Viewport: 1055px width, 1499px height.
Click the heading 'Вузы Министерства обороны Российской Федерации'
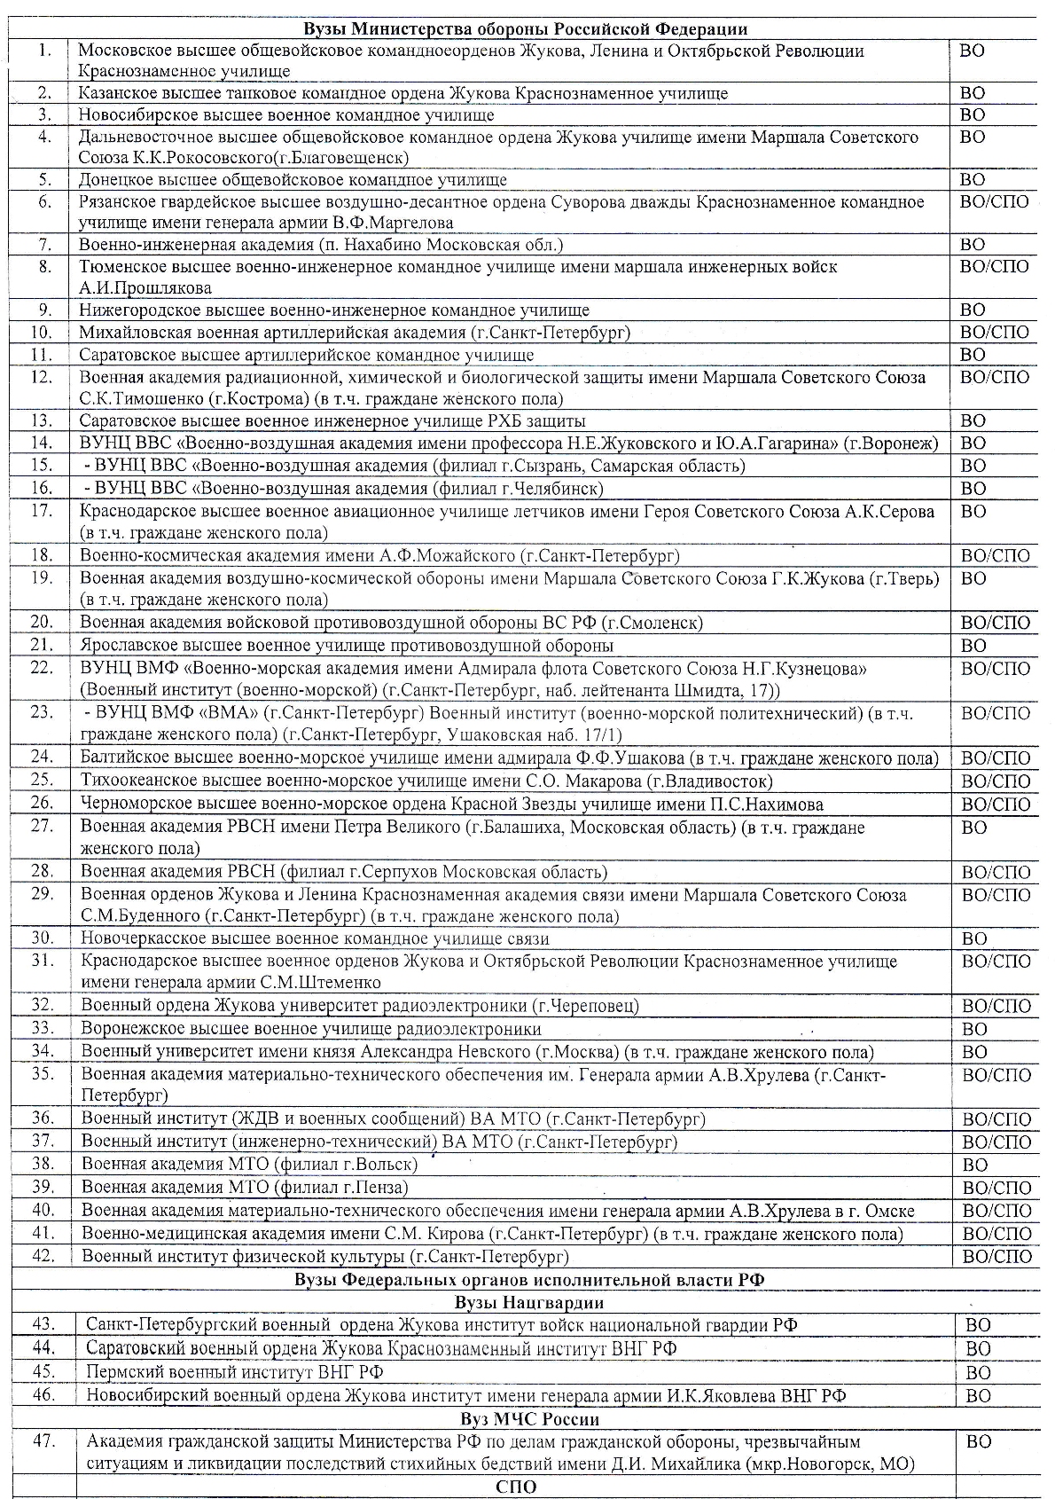[526, 29]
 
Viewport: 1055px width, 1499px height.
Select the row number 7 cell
[41, 244]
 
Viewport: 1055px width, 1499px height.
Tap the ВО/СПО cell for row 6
[994, 202]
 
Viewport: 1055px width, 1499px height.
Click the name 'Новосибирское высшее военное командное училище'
[286, 115]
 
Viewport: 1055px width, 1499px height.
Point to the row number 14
[41, 443]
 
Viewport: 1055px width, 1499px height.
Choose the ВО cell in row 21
[974, 646]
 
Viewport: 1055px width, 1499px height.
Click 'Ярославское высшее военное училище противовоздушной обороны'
[347, 646]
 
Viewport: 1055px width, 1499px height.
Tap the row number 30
[43, 938]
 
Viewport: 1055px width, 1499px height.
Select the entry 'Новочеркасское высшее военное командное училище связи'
[315, 938]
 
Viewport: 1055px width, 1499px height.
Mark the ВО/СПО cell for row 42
[997, 1257]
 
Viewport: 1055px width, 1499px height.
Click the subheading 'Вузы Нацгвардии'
[528, 1303]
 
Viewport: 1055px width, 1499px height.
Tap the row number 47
[43, 1442]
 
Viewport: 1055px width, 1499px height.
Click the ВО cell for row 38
[975, 1165]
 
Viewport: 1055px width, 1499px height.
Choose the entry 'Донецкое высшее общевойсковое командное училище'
[293, 180]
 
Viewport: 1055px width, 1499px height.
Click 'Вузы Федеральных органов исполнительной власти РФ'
[528, 1280]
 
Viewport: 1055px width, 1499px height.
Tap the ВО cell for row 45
[978, 1373]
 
